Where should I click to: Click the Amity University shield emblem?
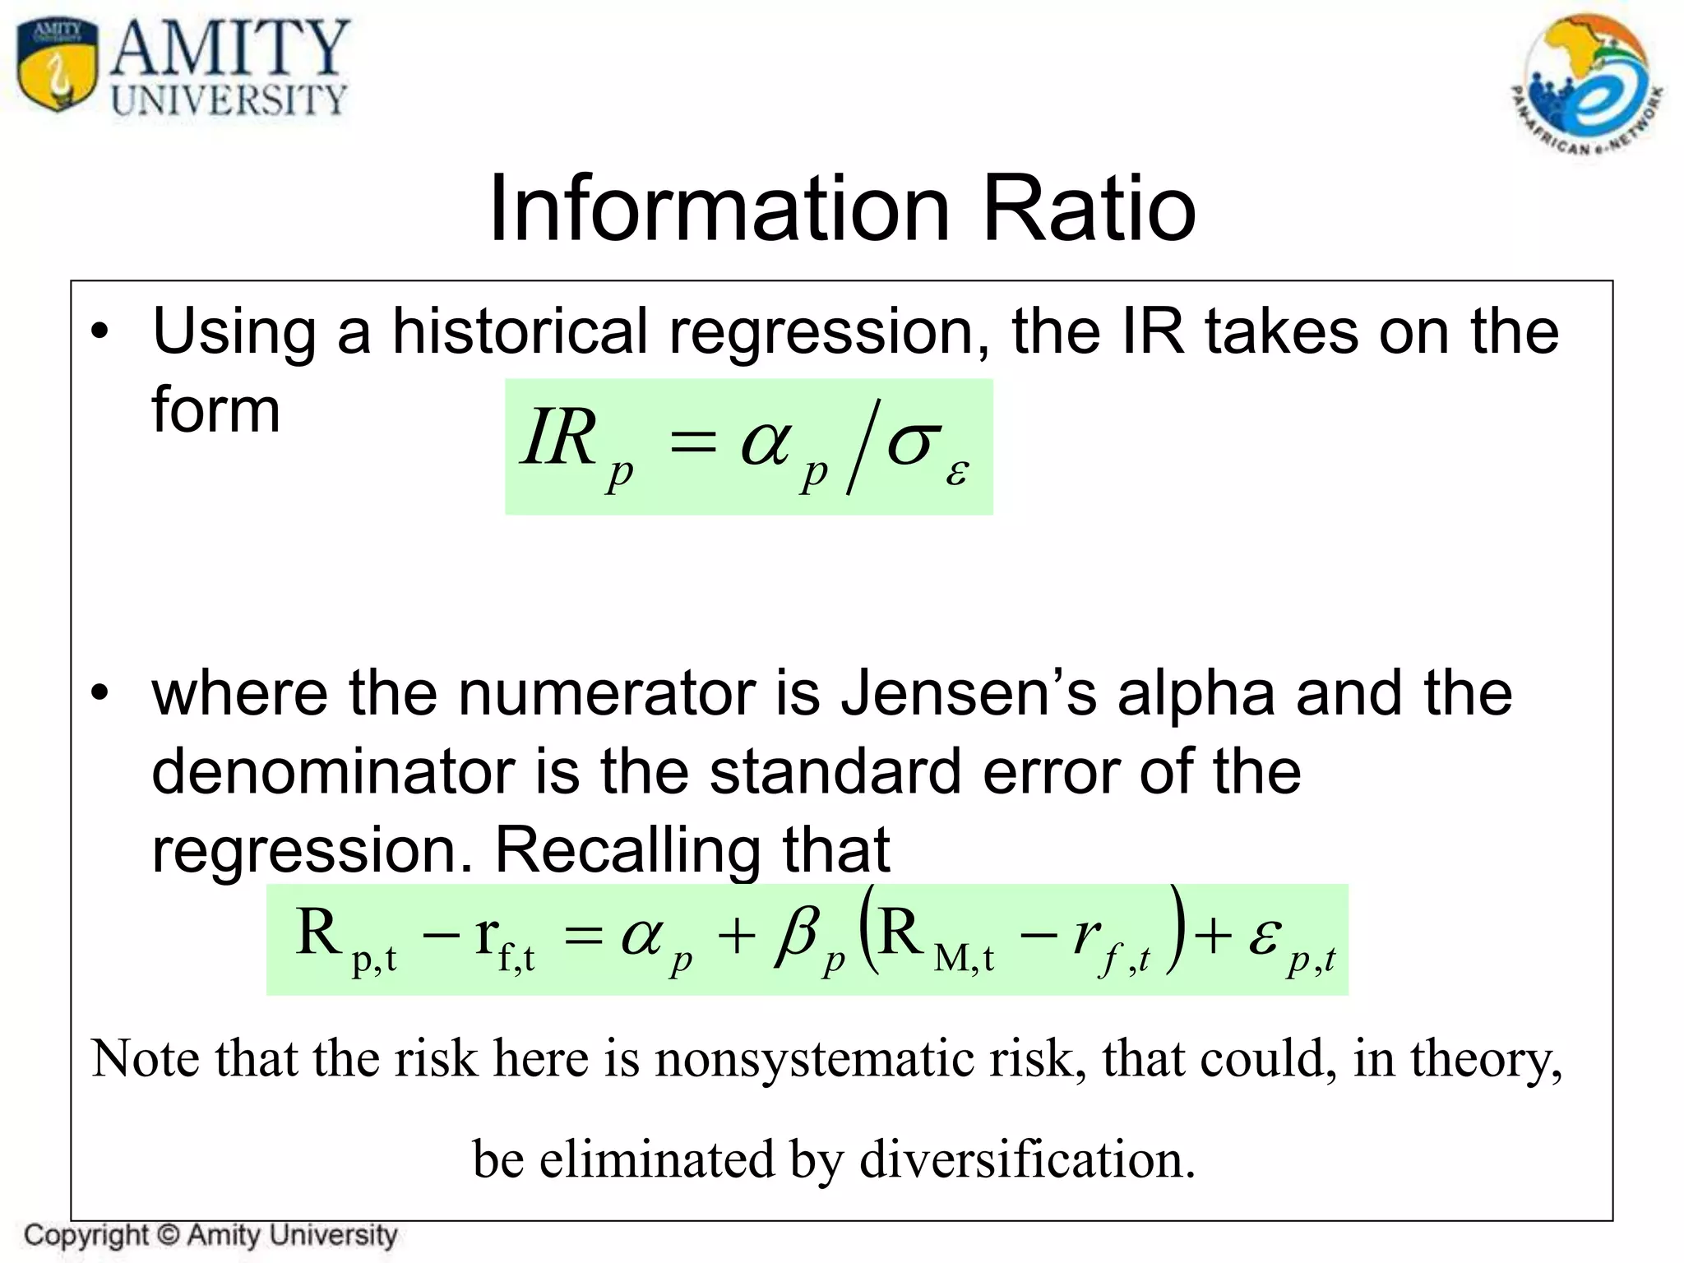click(x=56, y=66)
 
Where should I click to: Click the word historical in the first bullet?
click(x=520, y=332)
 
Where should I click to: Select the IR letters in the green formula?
click(x=559, y=437)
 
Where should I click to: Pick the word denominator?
click(x=333, y=772)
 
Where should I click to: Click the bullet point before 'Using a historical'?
click(x=100, y=332)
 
